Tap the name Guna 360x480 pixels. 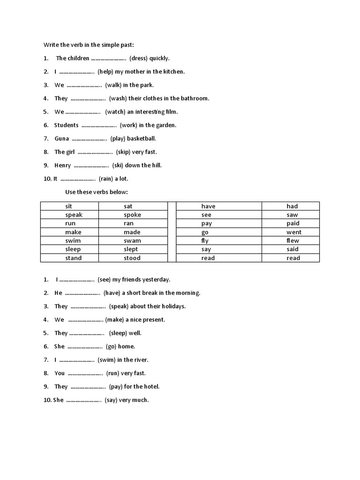62,138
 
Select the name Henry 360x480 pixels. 63,165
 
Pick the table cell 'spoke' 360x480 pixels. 132,215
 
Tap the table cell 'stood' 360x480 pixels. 132,258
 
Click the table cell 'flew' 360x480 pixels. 292,240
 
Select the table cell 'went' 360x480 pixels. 293,232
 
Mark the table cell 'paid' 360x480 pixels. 293,224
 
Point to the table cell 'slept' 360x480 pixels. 131,249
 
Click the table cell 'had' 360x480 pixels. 292,206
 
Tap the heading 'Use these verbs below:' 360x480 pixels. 96,192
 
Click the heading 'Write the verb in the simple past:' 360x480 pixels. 89,45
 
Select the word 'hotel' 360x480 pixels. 151,387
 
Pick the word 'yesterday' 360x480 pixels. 156,279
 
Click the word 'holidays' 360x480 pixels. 172,306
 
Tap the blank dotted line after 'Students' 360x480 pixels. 99,125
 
